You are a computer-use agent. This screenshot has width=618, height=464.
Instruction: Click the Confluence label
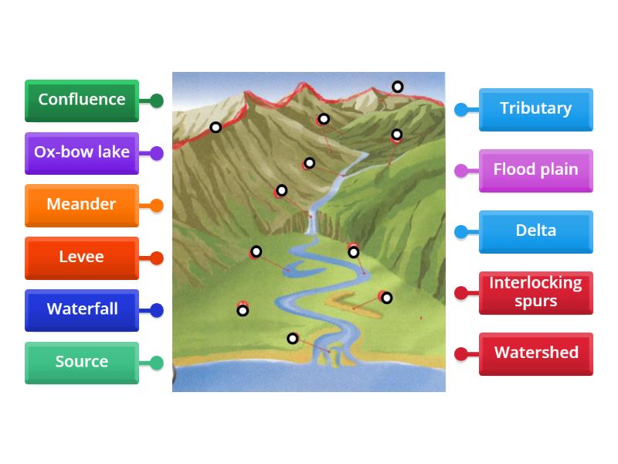coord(81,100)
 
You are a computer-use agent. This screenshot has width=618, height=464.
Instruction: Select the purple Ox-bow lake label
coord(81,152)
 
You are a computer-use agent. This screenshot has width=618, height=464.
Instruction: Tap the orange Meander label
coord(81,205)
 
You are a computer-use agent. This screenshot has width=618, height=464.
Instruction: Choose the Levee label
coord(81,258)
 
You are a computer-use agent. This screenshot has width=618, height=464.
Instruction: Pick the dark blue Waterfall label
coord(81,309)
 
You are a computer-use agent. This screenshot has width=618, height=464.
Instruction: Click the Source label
coord(81,362)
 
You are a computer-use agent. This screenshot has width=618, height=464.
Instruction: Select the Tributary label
coord(535,109)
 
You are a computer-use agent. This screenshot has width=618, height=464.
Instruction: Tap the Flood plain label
coord(535,170)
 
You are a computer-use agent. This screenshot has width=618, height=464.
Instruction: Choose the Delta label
coord(535,231)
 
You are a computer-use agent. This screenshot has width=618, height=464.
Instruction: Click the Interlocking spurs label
coord(535,292)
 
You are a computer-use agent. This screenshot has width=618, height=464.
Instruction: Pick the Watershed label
coord(535,353)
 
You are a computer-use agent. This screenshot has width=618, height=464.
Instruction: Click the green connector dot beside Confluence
coord(157,101)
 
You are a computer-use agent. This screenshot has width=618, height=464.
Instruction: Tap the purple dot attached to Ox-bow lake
coord(157,153)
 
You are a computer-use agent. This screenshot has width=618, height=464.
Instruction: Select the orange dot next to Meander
coord(157,206)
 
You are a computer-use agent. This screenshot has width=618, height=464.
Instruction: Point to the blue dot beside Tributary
coord(461,110)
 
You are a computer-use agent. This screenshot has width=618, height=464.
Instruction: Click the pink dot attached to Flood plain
coord(461,171)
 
